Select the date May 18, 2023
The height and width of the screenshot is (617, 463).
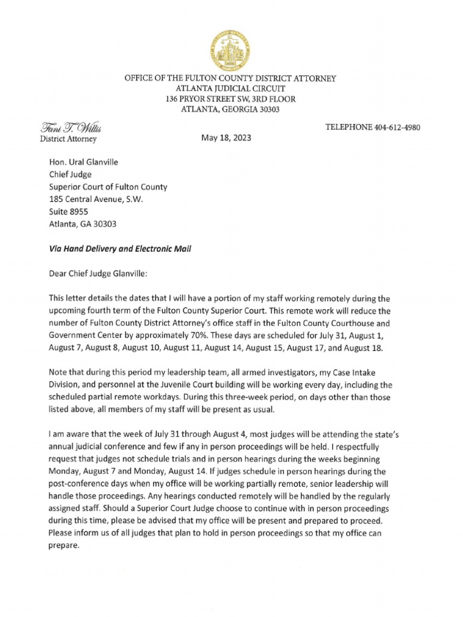pyautogui.click(x=225, y=137)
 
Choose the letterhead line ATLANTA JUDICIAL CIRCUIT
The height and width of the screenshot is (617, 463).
pyautogui.click(x=230, y=89)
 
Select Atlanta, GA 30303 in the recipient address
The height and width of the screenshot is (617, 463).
pyautogui.click(x=83, y=224)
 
